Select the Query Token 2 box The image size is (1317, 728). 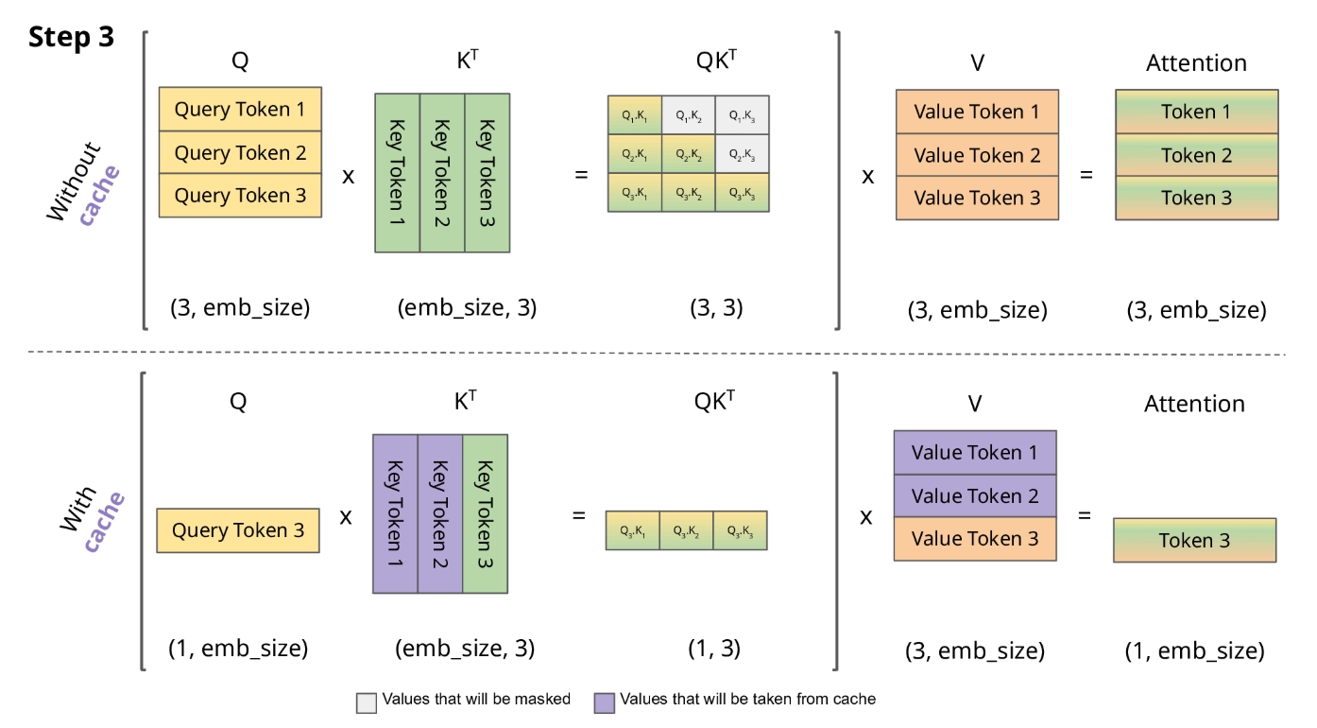pos(240,152)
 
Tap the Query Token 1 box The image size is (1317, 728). pos(240,109)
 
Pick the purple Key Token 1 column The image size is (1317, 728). pos(396,513)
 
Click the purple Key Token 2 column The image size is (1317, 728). pos(441,513)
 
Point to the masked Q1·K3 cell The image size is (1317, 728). pos(741,114)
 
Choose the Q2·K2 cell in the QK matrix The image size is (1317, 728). pos(688,154)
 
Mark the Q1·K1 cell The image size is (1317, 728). pos(635,114)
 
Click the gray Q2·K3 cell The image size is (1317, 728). pos(741,154)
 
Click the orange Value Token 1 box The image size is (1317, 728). pos(977,112)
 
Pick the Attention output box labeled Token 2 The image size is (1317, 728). pos(1196,155)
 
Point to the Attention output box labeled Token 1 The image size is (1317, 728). pos(1196,112)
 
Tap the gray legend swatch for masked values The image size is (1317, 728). pos(366,702)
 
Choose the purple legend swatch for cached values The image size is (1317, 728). pos(603,702)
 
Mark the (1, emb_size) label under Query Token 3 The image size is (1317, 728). pos(238,650)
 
